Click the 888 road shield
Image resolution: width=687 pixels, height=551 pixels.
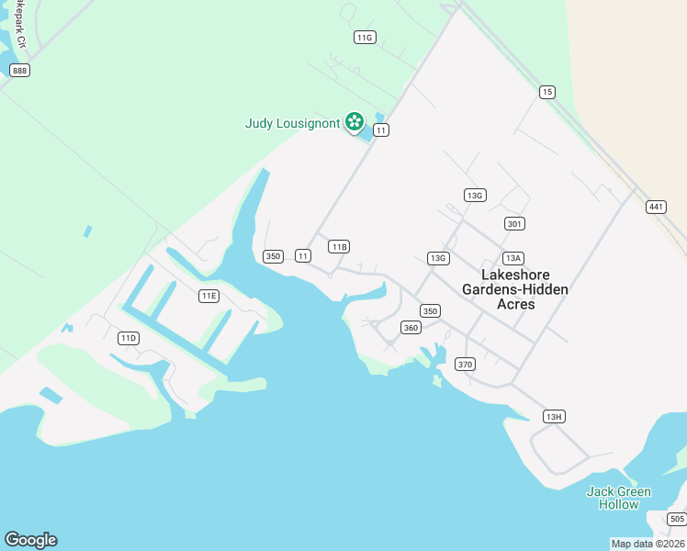point(19,71)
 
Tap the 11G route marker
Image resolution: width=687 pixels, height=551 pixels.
point(365,37)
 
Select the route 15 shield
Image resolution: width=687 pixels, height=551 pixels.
point(547,91)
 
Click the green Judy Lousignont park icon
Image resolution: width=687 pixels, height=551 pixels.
point(354,121)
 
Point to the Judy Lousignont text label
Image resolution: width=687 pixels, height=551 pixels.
point(292,123)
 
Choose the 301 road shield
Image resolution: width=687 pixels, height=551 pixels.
point(514,223)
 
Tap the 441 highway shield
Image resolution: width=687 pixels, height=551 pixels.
point(655,207)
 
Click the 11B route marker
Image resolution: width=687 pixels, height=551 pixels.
point(339,246)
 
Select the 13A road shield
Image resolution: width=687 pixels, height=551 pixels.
point(512,258)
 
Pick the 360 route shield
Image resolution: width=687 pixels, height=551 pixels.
point(411,328)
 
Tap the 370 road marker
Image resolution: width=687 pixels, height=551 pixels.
point(465,365)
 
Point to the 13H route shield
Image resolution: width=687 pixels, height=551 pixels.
point(553,416)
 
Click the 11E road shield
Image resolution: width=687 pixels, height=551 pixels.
point(208,296)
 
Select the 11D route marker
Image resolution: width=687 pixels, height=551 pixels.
point(128,338)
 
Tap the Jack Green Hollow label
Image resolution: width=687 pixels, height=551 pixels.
point(618,498)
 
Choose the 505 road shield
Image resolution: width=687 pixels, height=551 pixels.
point(677,519)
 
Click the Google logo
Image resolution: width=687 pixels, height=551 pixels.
point(30,540)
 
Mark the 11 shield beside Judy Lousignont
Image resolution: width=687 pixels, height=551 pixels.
point(381,130)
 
